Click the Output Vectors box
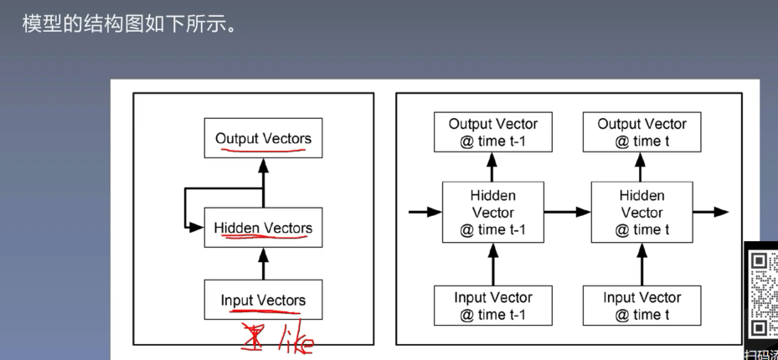click(263, 138)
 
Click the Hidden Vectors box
click(263, 228)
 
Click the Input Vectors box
click(263, 300)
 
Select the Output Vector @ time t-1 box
click(493, 132)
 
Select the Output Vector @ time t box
click(642, 132)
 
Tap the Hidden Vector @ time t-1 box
click(493, 213)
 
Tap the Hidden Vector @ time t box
click(642, 213)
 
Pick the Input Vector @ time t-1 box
click(493, 306)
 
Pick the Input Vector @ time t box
click(642, 306)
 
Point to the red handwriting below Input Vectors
click(276, 337)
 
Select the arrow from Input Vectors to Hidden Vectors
click(263, 263)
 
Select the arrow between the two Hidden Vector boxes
click(567, 213)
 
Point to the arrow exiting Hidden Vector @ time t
click(711, 213)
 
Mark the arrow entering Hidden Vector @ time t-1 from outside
click(425, 213)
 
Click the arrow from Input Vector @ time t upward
click(642, 263)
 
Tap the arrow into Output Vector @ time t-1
click(493, 167)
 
